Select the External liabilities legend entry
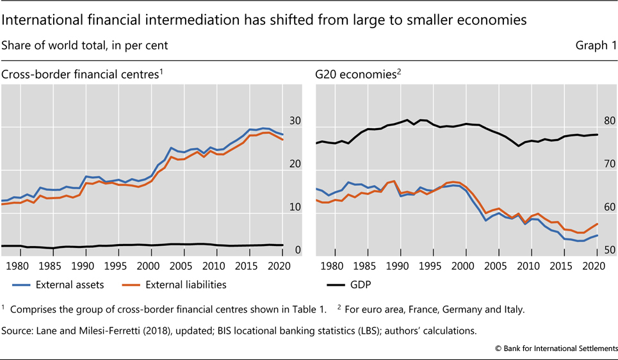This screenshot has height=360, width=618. (186, 284)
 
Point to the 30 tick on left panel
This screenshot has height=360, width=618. (295, 121)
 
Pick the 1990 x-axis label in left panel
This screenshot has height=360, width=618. (83, 266)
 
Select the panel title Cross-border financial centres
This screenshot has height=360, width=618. (79, 74)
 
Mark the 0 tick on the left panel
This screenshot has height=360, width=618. (298, 250)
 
